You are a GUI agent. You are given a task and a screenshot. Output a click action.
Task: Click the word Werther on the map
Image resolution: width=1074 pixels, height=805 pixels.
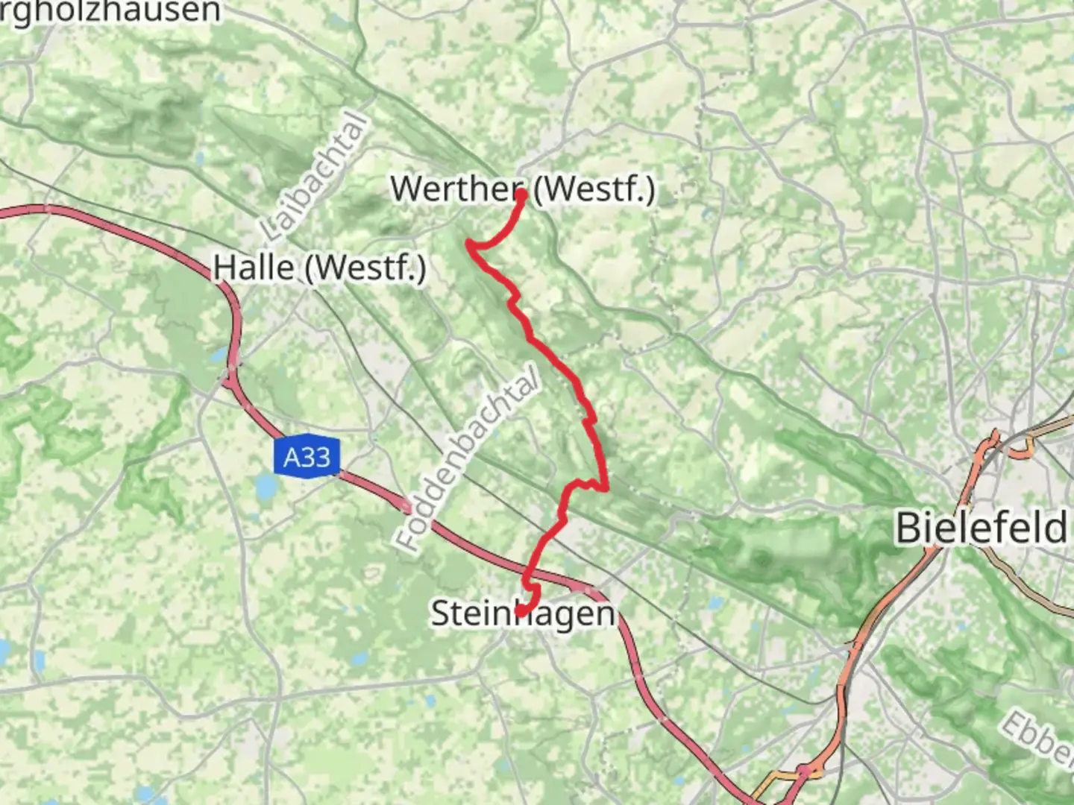[x=455, y=189]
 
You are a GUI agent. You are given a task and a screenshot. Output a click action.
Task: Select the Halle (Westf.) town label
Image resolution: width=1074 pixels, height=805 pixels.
[x=319, y=268]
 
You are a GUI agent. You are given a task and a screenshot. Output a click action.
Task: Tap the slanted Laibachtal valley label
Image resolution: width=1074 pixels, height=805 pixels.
[x=316, y=177]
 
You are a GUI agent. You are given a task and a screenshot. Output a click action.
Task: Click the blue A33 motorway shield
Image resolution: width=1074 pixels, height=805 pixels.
[x=307, y=456]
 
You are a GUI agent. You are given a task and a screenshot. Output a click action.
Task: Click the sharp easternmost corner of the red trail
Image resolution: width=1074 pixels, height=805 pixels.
[x=607, y=489]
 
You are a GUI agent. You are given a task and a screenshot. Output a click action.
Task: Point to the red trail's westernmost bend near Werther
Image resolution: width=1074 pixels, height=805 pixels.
[x=469, y=243]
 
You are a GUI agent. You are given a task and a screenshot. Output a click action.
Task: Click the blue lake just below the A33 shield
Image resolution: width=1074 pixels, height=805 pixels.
[x=266, y=488]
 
